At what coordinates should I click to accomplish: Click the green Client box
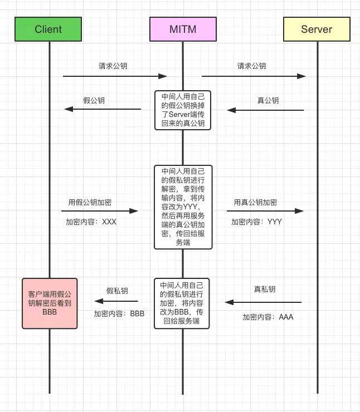48,29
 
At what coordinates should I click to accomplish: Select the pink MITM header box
183,29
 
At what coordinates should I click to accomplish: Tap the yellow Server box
317,29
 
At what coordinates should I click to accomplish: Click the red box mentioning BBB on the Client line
50,303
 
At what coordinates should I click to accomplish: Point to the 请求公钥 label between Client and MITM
113,66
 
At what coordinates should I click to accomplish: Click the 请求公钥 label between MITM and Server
252,66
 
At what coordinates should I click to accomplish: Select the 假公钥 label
94,100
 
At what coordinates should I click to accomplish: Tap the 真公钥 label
268,100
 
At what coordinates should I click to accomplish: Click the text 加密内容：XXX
91,222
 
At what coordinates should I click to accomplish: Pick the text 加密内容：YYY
256,222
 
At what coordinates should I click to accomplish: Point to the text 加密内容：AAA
267,317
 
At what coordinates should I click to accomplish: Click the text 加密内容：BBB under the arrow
119,313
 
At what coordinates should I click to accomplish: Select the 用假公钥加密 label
90,202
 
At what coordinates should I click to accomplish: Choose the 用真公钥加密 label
255,202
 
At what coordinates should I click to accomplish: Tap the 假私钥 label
117,291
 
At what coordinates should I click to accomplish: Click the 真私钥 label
265,290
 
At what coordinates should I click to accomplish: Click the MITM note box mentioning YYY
183,207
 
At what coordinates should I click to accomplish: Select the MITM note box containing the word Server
183,110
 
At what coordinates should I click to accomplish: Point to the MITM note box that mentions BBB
182,303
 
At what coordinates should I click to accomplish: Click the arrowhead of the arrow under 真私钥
229,302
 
